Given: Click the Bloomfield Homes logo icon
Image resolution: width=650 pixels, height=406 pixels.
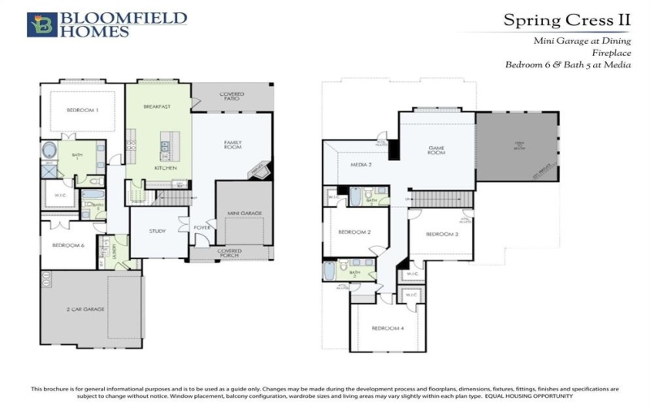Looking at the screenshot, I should click(x=41, y=24).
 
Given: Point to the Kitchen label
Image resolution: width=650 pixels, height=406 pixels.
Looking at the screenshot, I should click(x=166, y=168).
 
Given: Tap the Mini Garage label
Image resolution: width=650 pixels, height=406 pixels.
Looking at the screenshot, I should click(x=244, y=213).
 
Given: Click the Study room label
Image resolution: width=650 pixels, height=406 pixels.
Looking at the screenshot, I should click(x=158, y=231).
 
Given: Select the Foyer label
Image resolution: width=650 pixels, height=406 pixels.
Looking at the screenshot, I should click(x=201, y=227).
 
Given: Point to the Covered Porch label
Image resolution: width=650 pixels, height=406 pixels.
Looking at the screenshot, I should click(x=233, y=253).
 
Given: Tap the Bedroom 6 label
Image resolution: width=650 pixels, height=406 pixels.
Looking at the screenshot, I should click(x=69, y=244).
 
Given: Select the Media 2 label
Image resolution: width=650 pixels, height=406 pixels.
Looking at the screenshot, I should click(x=361, y=164).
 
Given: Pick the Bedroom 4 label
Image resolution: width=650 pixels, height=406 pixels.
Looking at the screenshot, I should click(x=388, y=328).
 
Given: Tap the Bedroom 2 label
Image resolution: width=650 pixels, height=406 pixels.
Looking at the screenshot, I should click(x=354, y=232).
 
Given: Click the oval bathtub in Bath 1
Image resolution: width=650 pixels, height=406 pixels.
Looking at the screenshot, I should click(x=50, y=150).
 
